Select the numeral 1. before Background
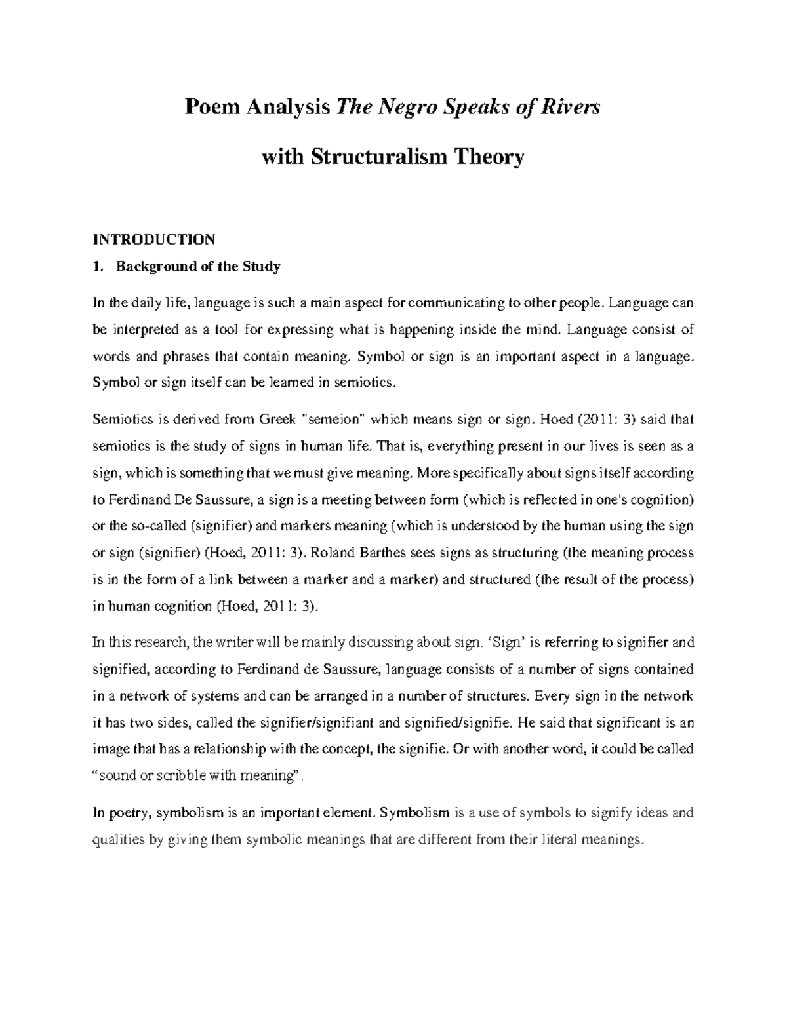coord(98,267)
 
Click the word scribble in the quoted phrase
coord(178,776)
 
